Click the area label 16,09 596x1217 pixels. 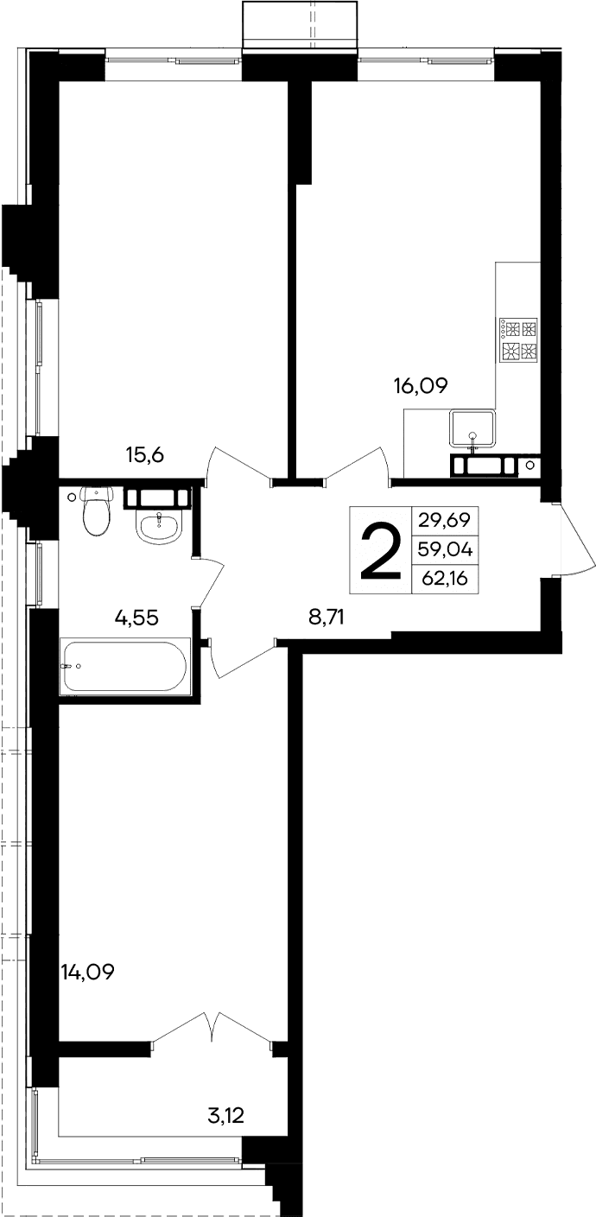(x=422, y=386)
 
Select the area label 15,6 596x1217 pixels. (x=144, y=455)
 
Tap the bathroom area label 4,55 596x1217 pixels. (x=138, y=617)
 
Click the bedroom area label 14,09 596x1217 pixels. (x=88, y=973)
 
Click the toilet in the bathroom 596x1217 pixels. (x=95, y=512)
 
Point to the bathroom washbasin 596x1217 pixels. (x=158, y=525)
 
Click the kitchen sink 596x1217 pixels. (x=472, y=430)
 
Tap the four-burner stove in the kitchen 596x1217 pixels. (x=517, y=339)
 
